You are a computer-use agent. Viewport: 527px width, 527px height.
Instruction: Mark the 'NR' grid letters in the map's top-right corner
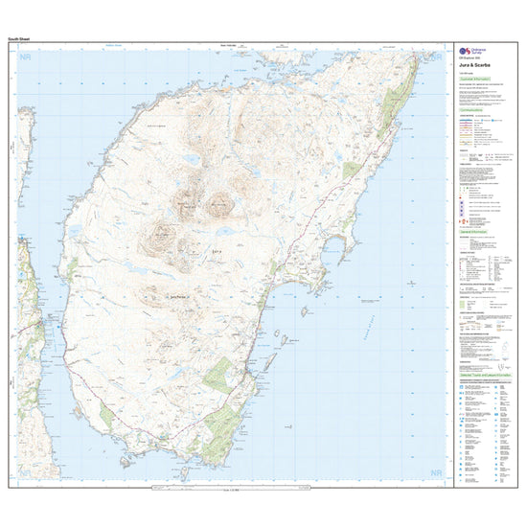click(x=437, y=57)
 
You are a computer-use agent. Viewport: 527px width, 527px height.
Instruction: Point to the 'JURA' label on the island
click(x=217, y=251)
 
